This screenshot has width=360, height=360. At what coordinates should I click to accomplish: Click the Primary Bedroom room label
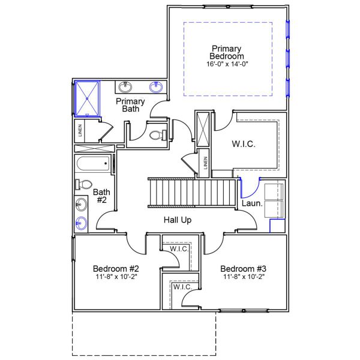[226, 52]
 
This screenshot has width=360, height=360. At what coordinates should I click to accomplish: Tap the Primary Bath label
[131, 105]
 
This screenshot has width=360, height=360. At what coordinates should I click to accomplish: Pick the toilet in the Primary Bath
[157, 136]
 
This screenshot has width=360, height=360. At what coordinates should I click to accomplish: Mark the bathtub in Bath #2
[93, 164]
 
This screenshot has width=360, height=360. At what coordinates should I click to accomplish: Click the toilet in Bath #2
[82, 184]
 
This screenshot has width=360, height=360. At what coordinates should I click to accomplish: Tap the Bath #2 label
[100, 196]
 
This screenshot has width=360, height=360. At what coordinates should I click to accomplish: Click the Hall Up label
[178, 220]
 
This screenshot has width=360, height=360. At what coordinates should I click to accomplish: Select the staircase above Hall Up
[192, 192]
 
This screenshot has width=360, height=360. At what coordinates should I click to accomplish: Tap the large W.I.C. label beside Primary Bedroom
[244, 144]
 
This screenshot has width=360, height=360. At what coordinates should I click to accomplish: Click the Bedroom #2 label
[116, 268]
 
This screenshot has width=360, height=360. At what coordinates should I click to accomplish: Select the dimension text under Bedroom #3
[243, 277]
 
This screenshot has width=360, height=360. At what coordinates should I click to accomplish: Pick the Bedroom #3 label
[243, 268]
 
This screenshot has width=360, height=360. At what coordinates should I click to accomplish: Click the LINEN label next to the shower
[79, 130]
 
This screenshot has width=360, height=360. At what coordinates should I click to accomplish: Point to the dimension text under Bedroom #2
[116, 277]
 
